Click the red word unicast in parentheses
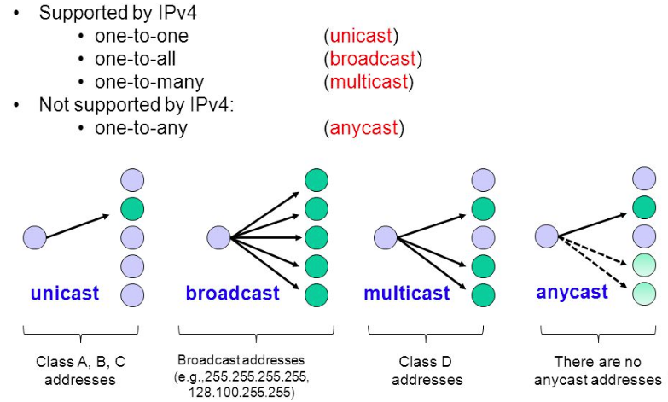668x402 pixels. (x=363, y=36)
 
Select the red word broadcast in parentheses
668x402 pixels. (x=373, y=59)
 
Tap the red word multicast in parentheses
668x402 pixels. (x=369, y=83)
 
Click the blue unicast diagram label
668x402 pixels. (x=65, y=294)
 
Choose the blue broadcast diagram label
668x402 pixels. (x=232, y=294)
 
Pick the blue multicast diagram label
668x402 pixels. (x=406, y=294)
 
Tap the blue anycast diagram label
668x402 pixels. (x=572, y=292)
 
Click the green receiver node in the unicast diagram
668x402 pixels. (x=132, y=208)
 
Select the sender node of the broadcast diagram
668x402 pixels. (x=218, y=236)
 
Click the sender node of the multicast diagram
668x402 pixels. (x=386, y=236)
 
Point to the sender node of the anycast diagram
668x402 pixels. (x=546, y=234)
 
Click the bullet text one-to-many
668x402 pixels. (x=149, y=83)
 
